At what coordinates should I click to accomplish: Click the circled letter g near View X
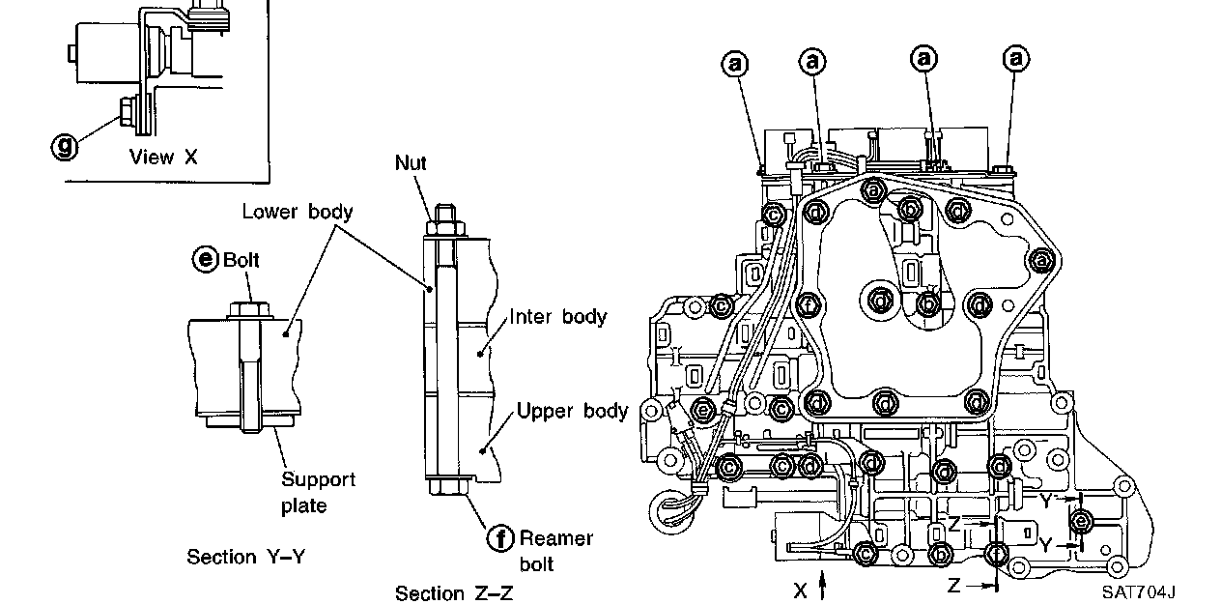[x=65, y=146]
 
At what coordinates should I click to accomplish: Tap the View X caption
[x=163, y=157]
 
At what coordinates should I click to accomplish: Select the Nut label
[x=411, y=162]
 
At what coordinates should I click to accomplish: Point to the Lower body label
[x=297, y=212]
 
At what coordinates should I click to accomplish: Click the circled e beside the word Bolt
[x=205, y=260]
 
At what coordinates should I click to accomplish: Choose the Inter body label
[x=557, y=316]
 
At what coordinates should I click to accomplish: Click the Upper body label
[x=572, y=411]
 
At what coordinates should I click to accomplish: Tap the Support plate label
[x=318, y=492]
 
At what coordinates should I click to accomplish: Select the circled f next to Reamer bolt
[x=501, y=538]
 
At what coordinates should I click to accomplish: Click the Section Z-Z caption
[x=453, y=592]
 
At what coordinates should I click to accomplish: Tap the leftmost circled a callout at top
[x=736, y=64]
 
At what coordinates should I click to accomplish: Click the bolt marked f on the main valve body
[x=809, y=306]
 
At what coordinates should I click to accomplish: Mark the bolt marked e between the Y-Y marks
[x=1082, y=522]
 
